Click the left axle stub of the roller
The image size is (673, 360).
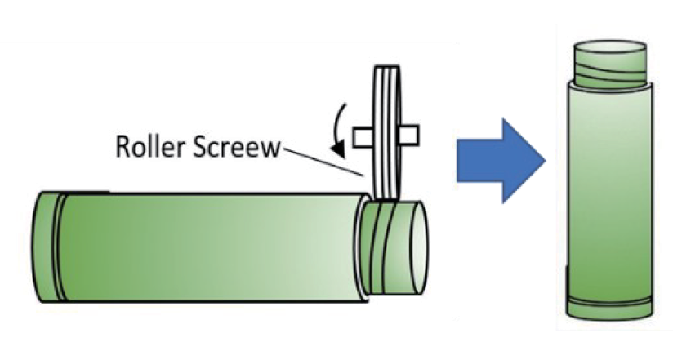[362, 136]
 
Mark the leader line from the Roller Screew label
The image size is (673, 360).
[323, 161]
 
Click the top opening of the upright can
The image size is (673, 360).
[608, 45]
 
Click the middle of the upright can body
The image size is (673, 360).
[609, 188]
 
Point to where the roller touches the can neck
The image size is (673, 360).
[381, 201]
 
